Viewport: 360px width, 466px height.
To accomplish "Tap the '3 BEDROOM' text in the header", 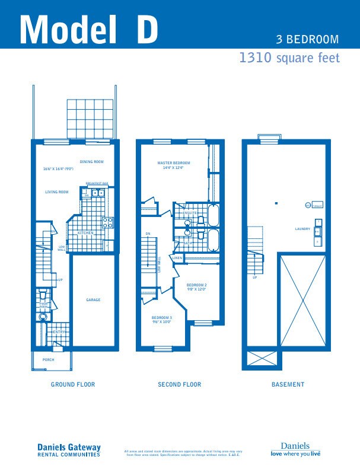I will [307, 40].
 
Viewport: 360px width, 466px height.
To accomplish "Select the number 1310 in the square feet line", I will [255, 58].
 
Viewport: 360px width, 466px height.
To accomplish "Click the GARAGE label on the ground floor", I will [93, 300].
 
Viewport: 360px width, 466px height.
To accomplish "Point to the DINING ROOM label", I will [92, 162].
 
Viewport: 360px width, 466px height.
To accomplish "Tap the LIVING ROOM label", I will [57, 192].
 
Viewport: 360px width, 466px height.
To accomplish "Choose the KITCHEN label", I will [86, 233].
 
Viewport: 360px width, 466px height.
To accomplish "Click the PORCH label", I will [48, 360].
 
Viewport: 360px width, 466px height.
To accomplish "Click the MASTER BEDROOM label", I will [174, 162].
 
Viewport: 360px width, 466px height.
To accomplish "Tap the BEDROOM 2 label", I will [196, 285].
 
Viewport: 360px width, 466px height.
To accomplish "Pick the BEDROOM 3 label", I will [161, 318].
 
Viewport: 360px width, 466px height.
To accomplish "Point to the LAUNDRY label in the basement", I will [302, 229].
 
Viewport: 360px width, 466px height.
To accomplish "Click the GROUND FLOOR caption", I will [72, 385].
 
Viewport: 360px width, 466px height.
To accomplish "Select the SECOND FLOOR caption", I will [179, 385].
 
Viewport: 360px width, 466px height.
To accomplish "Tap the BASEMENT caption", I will [288, 385].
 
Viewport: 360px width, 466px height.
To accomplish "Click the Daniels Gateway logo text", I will [69, 448].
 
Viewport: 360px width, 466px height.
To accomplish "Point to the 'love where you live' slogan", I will [295, 454].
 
